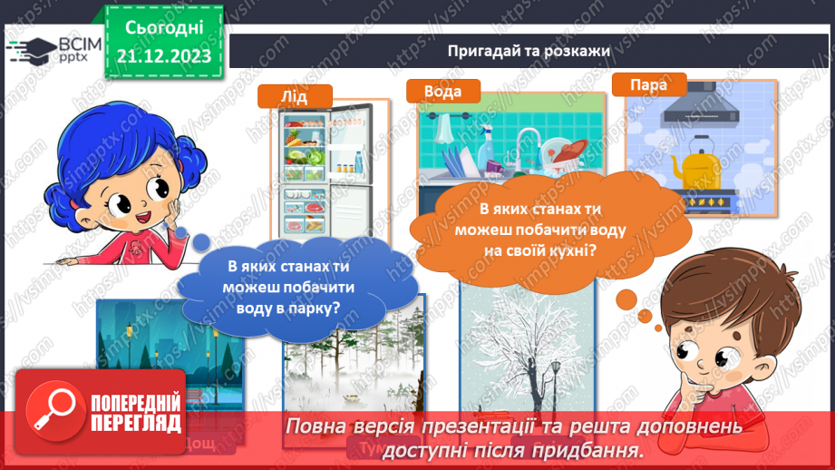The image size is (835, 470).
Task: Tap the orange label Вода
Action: [x=442, y=92]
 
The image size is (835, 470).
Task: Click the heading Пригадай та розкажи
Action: [x=528, y=50]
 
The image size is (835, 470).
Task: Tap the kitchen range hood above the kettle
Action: [x=700, y=111]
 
